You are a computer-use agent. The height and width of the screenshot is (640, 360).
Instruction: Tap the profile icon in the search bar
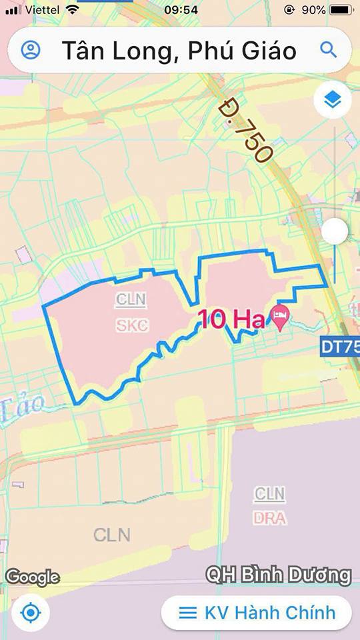(x=31, y=50)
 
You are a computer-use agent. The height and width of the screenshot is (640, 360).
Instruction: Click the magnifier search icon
(x=327, y=49)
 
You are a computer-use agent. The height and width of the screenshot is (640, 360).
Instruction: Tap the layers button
(x=333, y=100)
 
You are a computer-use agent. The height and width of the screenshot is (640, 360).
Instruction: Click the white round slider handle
(x=335, y=231)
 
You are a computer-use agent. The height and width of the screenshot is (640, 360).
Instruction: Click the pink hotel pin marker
(x=279, y=318)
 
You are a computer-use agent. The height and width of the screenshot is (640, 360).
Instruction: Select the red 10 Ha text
(x=231, y=320)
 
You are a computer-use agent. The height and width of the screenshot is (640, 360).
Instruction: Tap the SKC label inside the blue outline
(x=132, y=325)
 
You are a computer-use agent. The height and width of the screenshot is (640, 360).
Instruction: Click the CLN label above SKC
(x=131, y=300)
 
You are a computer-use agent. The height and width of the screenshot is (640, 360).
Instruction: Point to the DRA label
(x=270, y=517)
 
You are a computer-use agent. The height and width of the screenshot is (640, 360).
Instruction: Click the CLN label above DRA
(x=270, y=494)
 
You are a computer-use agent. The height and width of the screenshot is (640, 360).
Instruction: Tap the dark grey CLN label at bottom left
(x=112, y=535)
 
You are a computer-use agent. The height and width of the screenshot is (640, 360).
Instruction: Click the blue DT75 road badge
(x=341, y=347)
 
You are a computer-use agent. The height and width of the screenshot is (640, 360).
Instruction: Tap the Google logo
(x=33, y=577)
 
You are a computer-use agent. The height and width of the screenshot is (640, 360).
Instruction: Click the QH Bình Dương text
(x=278, y=575)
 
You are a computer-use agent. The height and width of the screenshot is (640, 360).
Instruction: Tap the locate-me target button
(x=31, y=613)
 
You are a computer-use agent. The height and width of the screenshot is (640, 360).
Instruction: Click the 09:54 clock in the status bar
(x=181, y=10)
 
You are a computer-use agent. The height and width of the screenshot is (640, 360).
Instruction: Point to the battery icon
(x=341, y=10)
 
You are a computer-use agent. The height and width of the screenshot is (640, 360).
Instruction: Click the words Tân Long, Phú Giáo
(x=179, y=51)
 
